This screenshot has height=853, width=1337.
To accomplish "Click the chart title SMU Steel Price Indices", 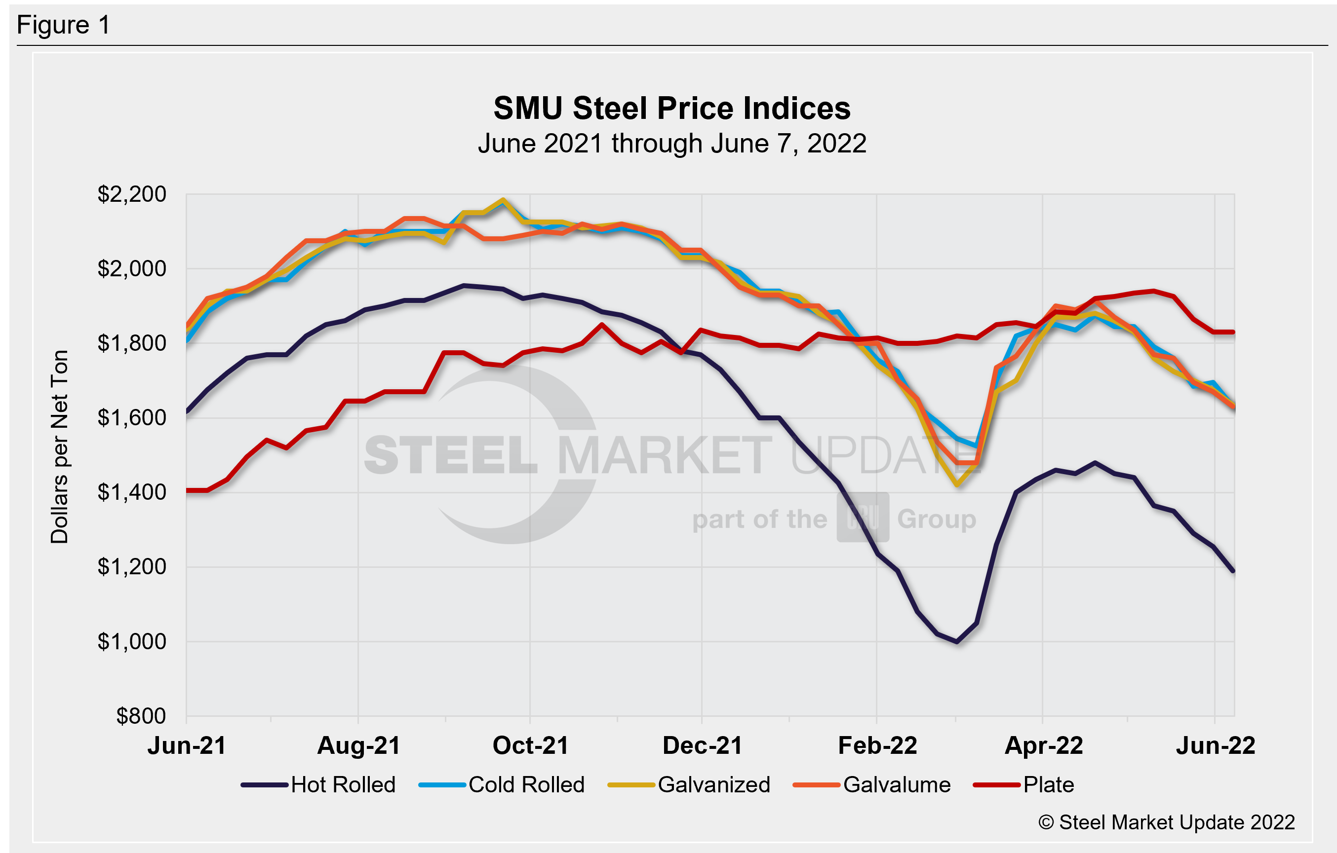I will click(x=672, y=108).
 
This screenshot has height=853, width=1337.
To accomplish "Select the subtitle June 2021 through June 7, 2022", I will click(x=672, y=144).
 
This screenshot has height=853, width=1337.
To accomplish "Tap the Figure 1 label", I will click(x=63, y=26).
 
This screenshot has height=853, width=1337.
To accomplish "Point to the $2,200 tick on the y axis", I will click(x=132, y=194).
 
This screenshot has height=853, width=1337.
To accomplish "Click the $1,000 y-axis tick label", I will click(x=132, y=641).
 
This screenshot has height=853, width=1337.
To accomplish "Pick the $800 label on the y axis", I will click(x=141, y=716).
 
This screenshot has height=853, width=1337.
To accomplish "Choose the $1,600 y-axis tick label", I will click(x=132, y=418).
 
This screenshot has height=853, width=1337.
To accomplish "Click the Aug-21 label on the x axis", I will click(x=358, y=746).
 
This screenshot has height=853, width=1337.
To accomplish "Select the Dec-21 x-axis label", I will click(x=703, y=746).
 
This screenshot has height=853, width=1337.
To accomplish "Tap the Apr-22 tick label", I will click(x=1043, y=746).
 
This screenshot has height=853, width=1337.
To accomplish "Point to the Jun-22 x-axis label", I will click(x=1216, y=746).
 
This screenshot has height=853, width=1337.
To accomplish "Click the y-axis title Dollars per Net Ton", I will click(x=59, y=447).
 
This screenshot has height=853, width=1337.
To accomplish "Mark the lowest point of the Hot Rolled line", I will click(x=957, y=641).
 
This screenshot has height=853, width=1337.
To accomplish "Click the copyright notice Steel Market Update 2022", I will click(x=1167, y=822).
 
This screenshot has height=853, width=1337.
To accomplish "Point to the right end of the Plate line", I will click(x=1234, y=332).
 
